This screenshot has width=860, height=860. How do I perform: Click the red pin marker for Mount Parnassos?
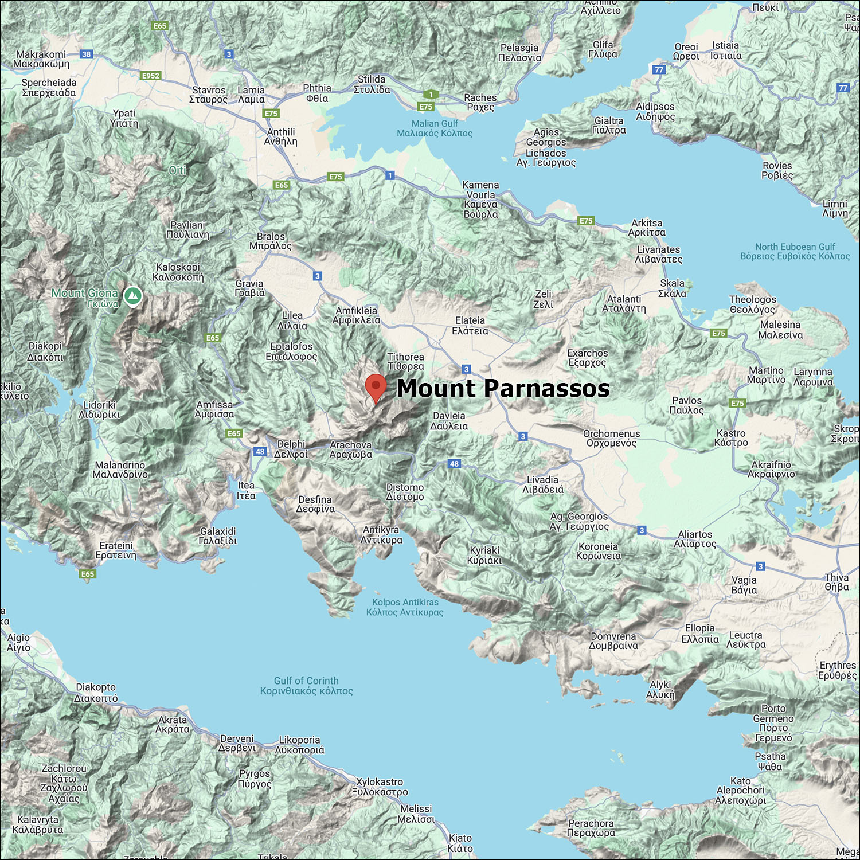pyautogui.click(x=376, y=387)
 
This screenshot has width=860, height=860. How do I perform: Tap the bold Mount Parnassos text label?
pyautogui.click(x=503, y=388)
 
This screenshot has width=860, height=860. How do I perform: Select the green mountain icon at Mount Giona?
pyautogui.click(x=133, y=296)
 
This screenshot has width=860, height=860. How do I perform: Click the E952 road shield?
pyautogui.click(x=151, y=76)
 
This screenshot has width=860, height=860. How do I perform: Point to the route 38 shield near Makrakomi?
pyautogui.click(x=86, y=54)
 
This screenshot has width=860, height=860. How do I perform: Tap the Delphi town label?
pyautogui.click(x=291, y=449)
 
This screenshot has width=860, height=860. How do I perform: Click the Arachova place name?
pyautogui.click(x=351, y=449)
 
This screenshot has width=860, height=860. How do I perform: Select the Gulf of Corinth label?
pyautogui.click(x=306, y=686)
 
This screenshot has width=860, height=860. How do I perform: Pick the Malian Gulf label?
pyautogui.click(x=435, y=128)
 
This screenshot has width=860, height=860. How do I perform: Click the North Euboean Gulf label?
pyautogui.click(x=795, y=251)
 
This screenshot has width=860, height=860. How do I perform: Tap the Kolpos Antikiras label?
pyautogui.click(x=405, y=607)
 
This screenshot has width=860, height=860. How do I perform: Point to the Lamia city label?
pyautogui.click(x=251, y=95)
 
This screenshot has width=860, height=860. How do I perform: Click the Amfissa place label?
pyautogui.click(x=214, y=409)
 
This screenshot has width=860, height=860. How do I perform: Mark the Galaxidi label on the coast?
pyautogui.click(x=218, y=536)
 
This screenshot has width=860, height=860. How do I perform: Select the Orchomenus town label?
pyautogui.click(x=611, y=439)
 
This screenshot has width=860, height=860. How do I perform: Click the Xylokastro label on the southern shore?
pyautogui.click(x=380, y=787)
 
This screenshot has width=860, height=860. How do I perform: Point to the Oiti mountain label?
pyautogui.click(x=178, y=170)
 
